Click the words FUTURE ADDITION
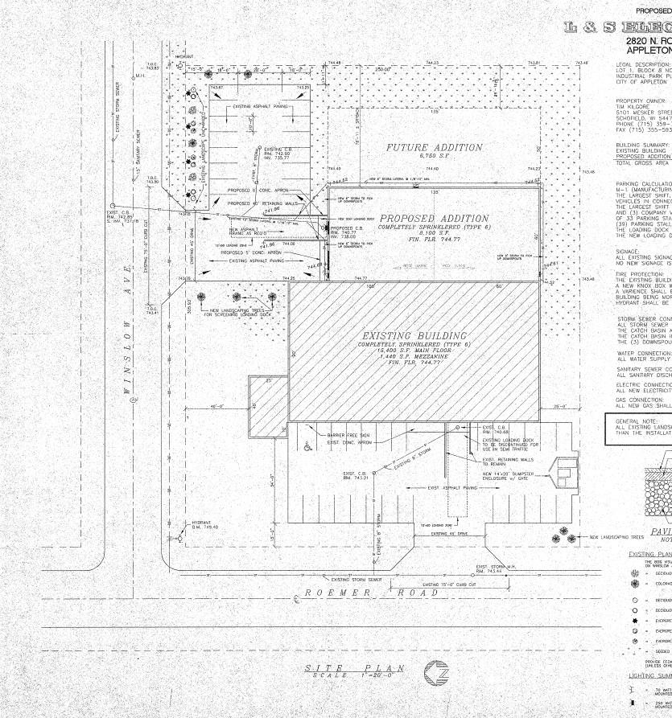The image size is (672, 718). tap(434, 148)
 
